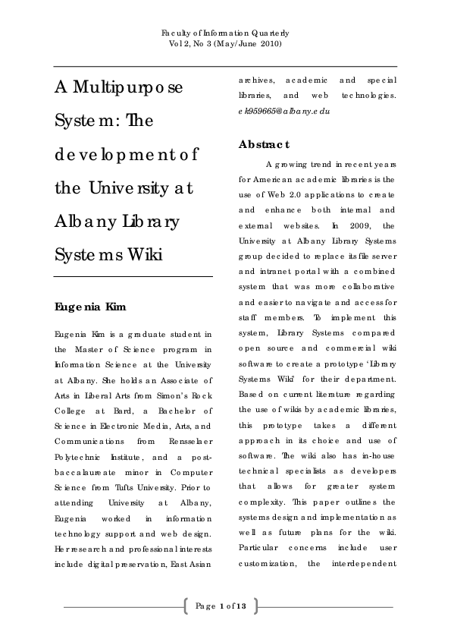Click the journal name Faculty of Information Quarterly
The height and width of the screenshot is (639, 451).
click(x=225, y=34)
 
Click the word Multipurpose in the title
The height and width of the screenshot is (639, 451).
click(x=119, y=87)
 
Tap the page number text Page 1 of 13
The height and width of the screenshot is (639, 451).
click(x=221, y=605)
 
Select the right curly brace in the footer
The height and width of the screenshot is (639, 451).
click(x=255, y=606)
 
